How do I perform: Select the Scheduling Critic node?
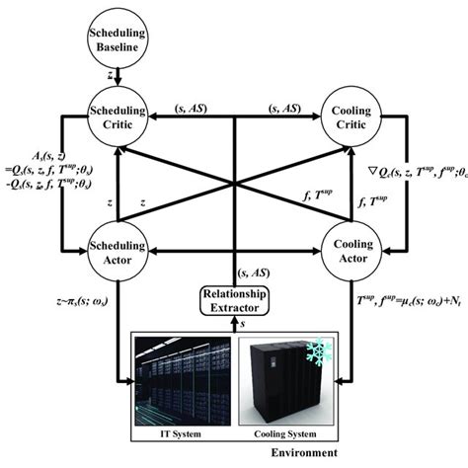click(x=117, y=122)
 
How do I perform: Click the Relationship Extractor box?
click(x=234, y=302)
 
